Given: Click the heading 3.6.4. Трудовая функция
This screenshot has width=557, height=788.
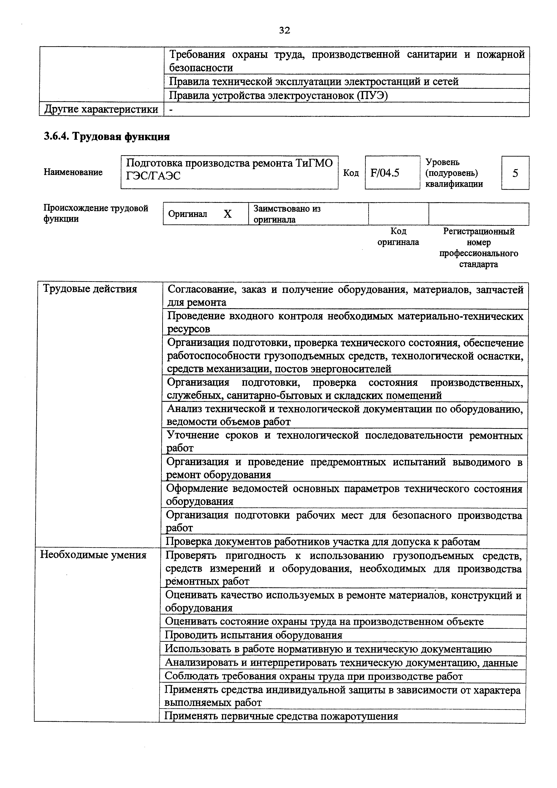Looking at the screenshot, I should pos(107,137).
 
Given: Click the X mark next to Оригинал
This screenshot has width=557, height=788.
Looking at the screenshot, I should pos(228,214).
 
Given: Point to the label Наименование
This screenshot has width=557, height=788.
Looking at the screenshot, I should pos(73,172).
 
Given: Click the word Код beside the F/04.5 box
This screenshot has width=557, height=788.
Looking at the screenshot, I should pos(351,173).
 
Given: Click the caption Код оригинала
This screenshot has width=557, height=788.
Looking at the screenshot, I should pos(398,237).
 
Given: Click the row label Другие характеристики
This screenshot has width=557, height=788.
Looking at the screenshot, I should pos(101,109).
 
